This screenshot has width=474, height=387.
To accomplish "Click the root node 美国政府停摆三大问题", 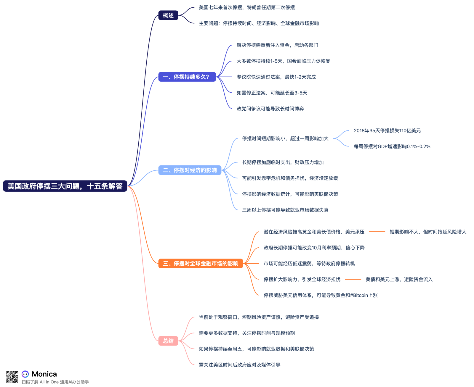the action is pyautogui.click(x=65, y=186).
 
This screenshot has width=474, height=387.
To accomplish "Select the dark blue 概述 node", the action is pyautogui.click(x=168, y=15).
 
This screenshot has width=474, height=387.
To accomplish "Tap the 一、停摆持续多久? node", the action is pyautogui.click(x=187, y=77).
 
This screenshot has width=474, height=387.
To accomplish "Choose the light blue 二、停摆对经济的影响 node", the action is pyautogui.click(x=190, y=170).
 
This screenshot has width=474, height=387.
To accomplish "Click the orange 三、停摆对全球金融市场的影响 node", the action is pyautogui.click(x=201, y=263).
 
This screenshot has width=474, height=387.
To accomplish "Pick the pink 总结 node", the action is pyautogui.click(x=168, y=341).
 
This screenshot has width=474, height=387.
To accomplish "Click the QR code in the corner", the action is pyautogui.click(x=12, y=377).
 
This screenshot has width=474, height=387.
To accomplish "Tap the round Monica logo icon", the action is pyautogui.click(x=25, y=374).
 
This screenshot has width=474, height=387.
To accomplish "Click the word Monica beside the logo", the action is pyautogui.click(x=44, y=374).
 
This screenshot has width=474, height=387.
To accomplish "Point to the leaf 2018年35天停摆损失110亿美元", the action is pyautogui.click(x=387, y=131).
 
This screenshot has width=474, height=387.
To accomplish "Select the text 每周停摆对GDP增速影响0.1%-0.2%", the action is pyautogui.click(x=392, y=146).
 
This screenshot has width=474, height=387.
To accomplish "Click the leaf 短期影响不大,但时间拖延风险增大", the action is pyautogui.click(x=428, y=232).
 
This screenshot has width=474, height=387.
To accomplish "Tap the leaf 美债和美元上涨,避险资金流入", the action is pyautogui.click(x=399, y=279).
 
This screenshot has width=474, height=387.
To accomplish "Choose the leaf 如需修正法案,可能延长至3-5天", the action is pyautogui.click(x=272, y=93).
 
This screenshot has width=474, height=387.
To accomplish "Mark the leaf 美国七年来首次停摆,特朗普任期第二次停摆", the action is pyautogui.click(x=247, y=7).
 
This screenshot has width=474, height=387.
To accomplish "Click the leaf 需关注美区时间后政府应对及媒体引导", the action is pyautogui.click(x=240, y=365).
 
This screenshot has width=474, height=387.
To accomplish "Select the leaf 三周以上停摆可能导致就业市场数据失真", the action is pyautogui.click(x=285, y=210).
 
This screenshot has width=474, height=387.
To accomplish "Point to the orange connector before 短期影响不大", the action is pyautogui.click(x=377, y=232).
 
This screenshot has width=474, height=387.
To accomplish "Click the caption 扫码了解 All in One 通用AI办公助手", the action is pyautogui.click(x=55, y=382).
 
